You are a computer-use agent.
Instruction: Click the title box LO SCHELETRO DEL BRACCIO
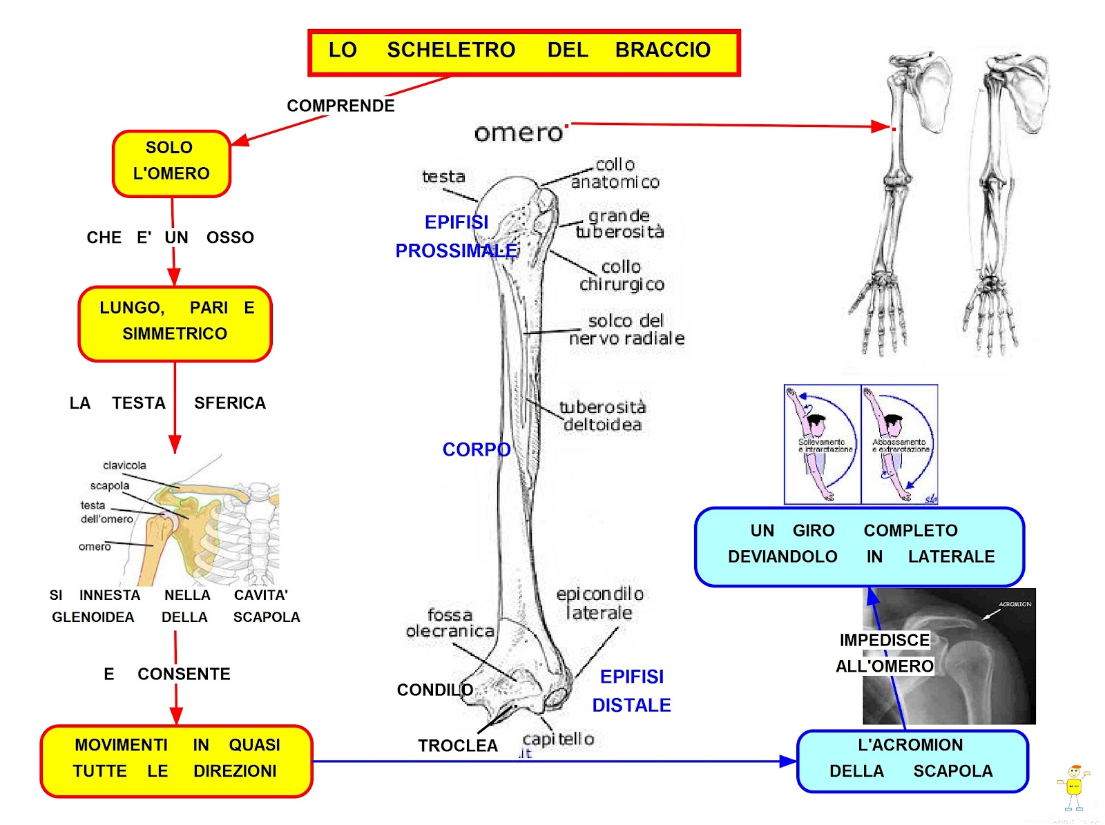coord(523,52)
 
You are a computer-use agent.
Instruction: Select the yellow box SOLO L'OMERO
coord(171,163)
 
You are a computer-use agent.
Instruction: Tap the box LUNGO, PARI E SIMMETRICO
coord(175,323)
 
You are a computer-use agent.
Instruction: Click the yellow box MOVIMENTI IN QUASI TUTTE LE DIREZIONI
coord(176,760)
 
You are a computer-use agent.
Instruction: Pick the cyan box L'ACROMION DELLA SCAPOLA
coord(912,760)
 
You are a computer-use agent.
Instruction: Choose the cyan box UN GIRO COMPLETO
coord(859,545)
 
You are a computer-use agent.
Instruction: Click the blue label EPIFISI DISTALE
coord(631,690)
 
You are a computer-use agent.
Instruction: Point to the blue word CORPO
coord(477,449)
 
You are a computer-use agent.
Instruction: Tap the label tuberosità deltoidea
coord(602,416)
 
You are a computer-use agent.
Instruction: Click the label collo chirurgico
coord(622,275)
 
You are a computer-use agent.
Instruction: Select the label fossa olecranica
coord(450,623)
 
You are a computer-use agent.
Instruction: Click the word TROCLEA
coord(457,746)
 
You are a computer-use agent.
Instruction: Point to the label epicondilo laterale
coord(599,603)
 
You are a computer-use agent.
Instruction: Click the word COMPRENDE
coord(340,106)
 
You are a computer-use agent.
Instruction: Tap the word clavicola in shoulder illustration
coord(124,465)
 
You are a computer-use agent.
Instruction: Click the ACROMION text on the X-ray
coord(1015,604)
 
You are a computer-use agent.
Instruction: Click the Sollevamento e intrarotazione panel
coord(823,444)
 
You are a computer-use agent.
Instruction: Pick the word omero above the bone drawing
coord(519,133)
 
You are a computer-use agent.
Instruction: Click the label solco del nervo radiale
coord(626,329)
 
